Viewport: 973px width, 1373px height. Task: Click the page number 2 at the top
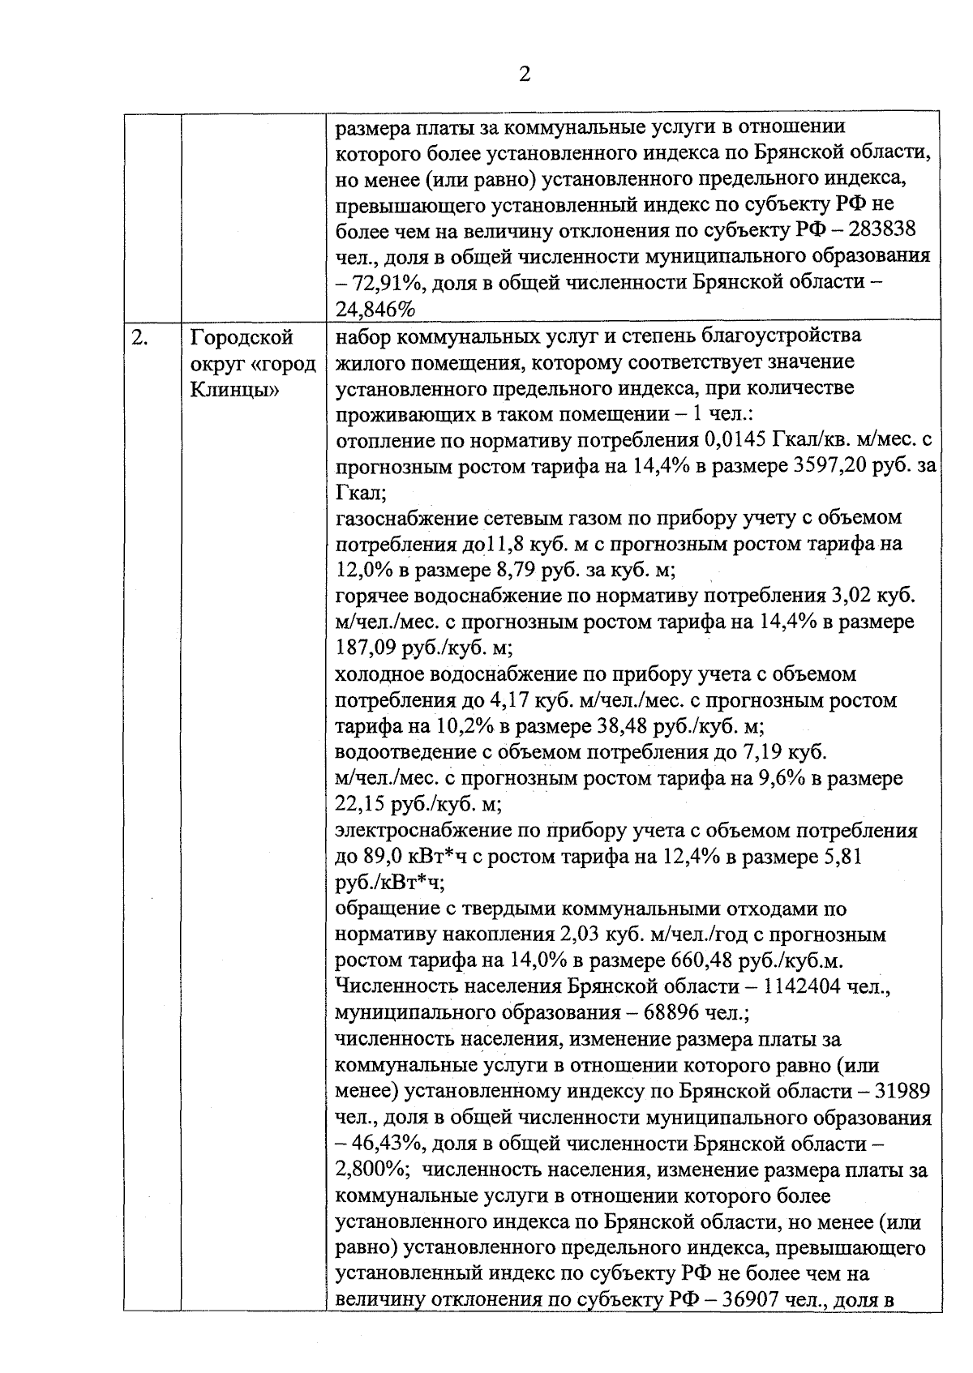tap(524, 75)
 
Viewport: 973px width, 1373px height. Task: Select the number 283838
tap(881, 229)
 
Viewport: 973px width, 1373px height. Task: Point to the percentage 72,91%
tap(388, 284)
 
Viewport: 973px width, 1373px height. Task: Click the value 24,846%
tap(375, 310)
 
